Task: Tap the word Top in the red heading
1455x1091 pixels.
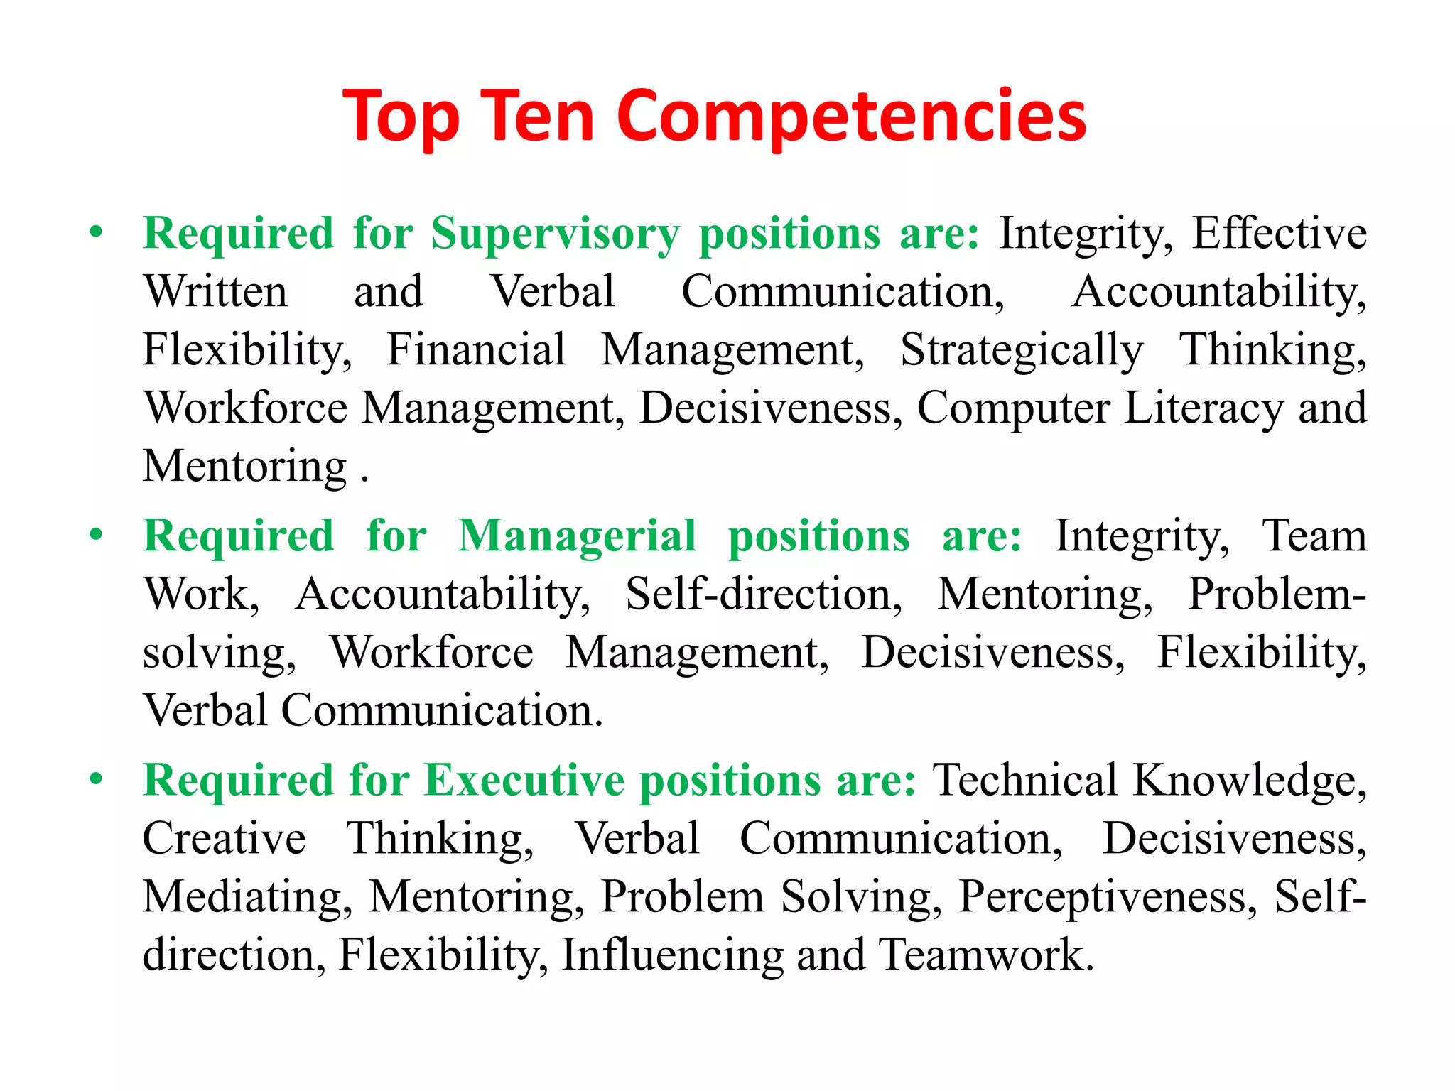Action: tap(401, 118)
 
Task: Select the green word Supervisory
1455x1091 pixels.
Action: tap(555, 234)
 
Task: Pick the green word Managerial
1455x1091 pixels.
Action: tap(577, 536)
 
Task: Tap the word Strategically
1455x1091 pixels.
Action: tap(1022, 351)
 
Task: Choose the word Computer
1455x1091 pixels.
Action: tap(1013, 408)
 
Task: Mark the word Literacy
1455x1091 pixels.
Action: tap(1204, 408)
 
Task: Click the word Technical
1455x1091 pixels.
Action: tap(1025, 780)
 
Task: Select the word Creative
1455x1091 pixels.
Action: tap(225, 838)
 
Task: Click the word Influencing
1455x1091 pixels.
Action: tap(672, 955)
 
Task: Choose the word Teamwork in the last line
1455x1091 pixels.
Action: tap(985, 954)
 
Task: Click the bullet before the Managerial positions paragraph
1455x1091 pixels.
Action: tap(97, 534)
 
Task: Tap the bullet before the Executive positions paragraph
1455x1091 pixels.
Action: tap(97, 778)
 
